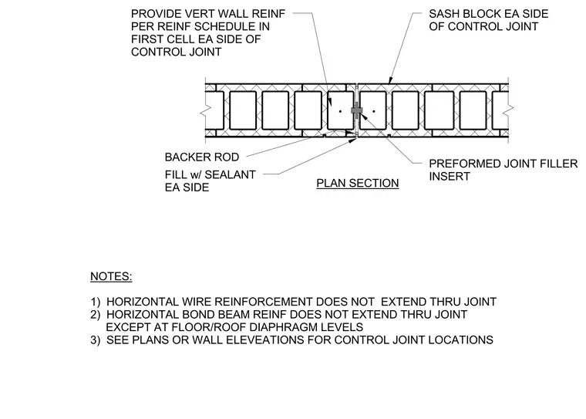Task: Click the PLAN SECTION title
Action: click(357, 183)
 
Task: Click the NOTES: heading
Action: click(111, 276)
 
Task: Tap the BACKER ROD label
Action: click(202, 157)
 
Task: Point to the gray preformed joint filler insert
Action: click(357, 110)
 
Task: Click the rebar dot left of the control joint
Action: click(340, 111)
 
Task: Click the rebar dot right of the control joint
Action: click(374, 111)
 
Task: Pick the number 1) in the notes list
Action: click(96, 302)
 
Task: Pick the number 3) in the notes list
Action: click(96, 340)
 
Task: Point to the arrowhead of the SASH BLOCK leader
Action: click(390, 81)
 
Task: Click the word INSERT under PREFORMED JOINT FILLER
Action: click(450, 177)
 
